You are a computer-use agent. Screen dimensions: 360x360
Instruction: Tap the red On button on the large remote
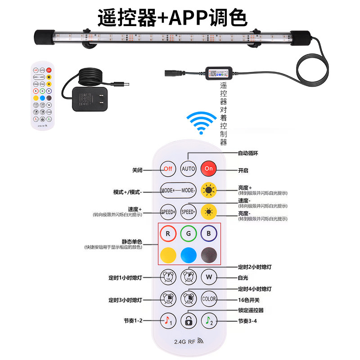coord(208,169)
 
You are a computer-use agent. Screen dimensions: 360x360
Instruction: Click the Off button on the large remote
coord(168,169)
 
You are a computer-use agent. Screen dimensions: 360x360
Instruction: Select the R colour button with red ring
coord(168,234)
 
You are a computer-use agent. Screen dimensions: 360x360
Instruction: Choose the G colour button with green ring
coord(189,234)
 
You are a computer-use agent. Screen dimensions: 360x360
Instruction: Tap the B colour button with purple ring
coord(209,234)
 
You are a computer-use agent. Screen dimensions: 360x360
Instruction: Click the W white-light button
coord(209,276)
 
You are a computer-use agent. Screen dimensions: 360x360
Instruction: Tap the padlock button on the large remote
coord(189,320)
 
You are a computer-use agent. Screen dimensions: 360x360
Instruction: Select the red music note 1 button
coord(168,320)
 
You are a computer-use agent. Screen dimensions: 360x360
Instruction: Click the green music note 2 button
coord(209,320)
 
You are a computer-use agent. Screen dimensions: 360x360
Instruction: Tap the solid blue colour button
coord(189,255)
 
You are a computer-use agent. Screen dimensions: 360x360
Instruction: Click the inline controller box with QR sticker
coord(219,73)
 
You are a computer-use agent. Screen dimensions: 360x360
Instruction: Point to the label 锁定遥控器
coord(251,310)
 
